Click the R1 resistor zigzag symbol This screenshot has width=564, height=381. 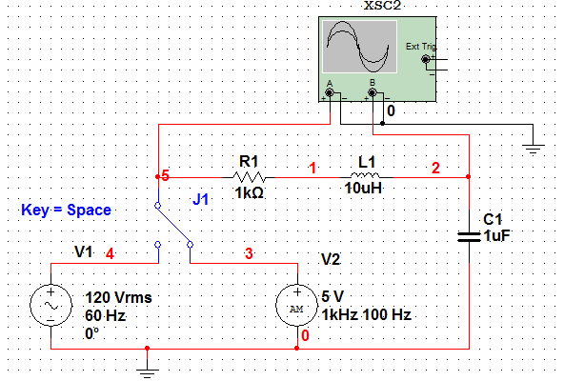pyautogui.click(x=249, y=177)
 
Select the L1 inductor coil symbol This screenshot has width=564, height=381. pyautogui.click(x=365, y=175)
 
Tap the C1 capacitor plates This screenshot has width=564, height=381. pyautogui.click(x=469, y=237)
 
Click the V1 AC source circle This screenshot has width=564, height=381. pyautogui.click(x=51, y=306)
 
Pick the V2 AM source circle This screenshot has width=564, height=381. pyautogui.click(x=296, y=306)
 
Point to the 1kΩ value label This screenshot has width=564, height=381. pyautogui.click(x=249, y=193)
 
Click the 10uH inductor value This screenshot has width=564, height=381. pyautogui.click(x=363, y=189)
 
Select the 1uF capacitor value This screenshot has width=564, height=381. pyautogui.click(x=496, y=236)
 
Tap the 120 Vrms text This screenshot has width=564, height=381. pyautogui.click(x=118, y=298)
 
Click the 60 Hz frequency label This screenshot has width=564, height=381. pyautogui.click(x=105, y=316)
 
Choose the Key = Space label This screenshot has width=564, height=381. pyautogui.click(x=66, y=210)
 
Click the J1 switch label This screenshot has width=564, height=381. pyautogui.click(x=200, y=199)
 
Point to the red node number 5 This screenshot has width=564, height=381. pyautogui.click(x=165, y=175)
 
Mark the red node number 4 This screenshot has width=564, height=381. pyautogui.click(x=110, y=254)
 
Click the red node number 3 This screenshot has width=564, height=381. pyautogui.click(x=249, y=253)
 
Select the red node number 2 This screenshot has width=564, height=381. pyautogui.click(x=435, y=168)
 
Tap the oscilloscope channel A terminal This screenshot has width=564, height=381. pyautogui.click(x=329, y=93)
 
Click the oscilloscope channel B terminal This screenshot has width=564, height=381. pyautogui.click(x=373, y=93)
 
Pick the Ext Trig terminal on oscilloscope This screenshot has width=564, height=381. pyautogui.click(x=426, y=59)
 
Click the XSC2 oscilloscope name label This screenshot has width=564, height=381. pyautogui.click(x=382, y=6)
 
